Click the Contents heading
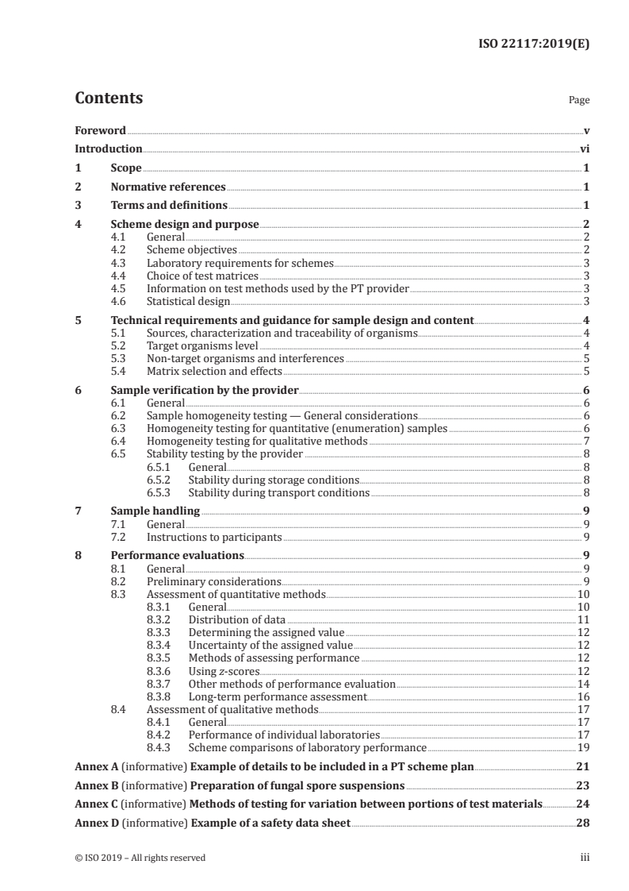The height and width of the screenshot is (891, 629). pyautogui.click(x=109, y=98)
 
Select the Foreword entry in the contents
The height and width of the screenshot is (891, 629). pyautogui.click(x=100, y=130)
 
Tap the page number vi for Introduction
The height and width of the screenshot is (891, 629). pyautogui.click(x=584, y=148)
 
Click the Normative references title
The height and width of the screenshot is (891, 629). pyautogui.click(x=168, y=187)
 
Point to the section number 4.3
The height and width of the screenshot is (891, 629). pyautogui.click(x=119, y=262)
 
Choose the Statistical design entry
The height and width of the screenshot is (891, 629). pyautogui.click(x=188, y=301)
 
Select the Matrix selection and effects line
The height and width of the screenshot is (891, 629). pyautogui.click(x=214, y=371)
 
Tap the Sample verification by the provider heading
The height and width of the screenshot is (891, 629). pyautogui.click(x=205, y=391)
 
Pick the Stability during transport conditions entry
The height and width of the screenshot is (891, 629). pyautogui.click(x=278, y=492)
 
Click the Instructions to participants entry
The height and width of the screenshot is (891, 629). pyautogui.click(x=214, y=537)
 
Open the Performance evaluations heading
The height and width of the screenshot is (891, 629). pyautogui.click(x=177, y=556)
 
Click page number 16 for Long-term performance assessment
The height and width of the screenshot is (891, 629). pyautogui.click(x=582, y=696)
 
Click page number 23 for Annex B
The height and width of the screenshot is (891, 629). pyautogui.click(x=582, y=785)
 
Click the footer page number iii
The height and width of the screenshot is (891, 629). pyautogui.click(x=584, y=857)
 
